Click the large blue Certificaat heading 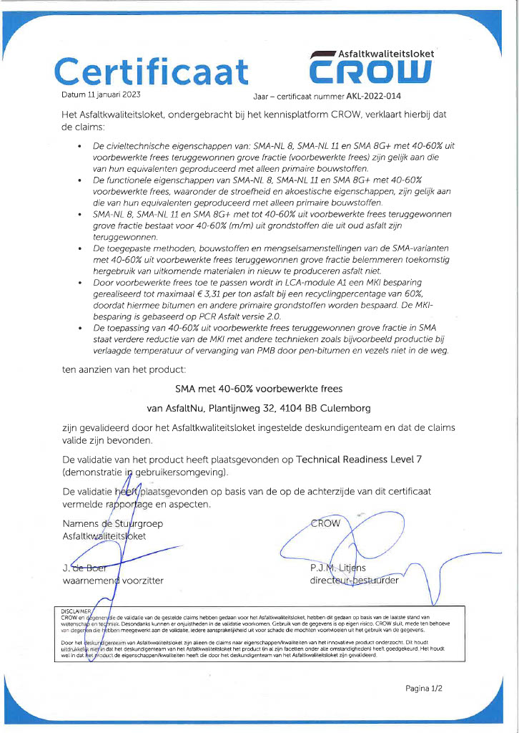152,72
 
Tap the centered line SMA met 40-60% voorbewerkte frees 259,389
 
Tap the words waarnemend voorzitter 113,581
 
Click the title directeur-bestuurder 355,581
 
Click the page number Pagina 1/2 424,688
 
